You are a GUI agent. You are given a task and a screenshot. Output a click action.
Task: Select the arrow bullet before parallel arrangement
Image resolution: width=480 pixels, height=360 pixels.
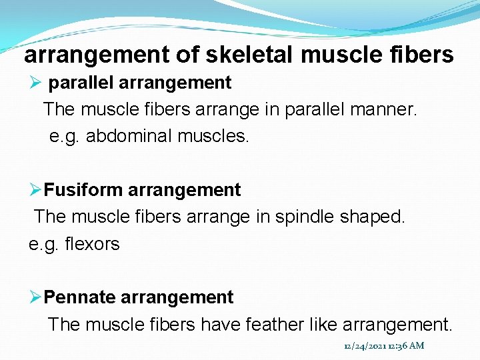click(36, 83)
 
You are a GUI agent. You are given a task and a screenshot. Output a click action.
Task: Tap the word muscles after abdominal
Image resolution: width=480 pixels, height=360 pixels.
click(213, 137)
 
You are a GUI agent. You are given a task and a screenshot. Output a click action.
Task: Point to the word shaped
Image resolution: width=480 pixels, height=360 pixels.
click(375, 217)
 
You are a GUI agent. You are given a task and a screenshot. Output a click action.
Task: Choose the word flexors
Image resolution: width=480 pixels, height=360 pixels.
click(93, 244)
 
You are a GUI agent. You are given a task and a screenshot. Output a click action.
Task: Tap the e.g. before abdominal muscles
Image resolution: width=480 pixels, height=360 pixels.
click(65, 137)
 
